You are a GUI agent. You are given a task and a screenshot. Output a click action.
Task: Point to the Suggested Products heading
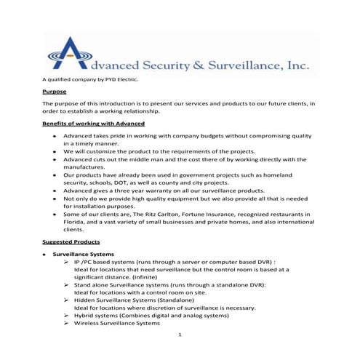[71, 241]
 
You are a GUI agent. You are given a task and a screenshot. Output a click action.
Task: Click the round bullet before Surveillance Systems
[45, 255]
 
